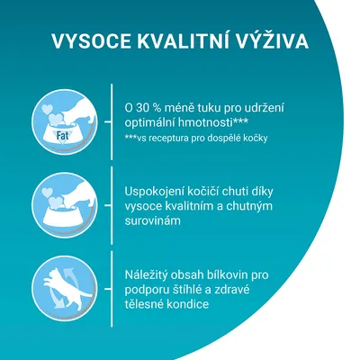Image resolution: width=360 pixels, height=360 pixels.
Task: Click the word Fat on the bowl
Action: [64, 136]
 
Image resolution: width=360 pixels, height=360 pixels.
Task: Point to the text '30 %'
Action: [150, 106]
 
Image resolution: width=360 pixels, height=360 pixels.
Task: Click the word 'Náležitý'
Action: [150, 273]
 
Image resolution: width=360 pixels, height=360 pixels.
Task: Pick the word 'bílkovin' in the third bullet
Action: [237, 273]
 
